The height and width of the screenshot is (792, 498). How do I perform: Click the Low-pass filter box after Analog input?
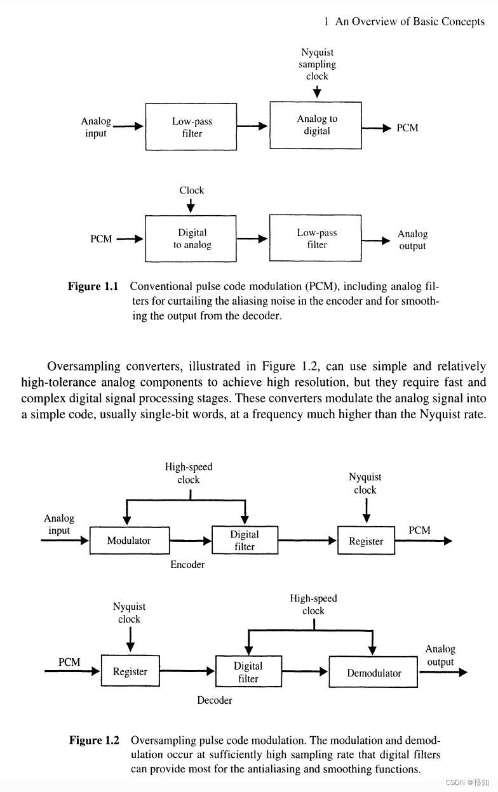pyautogui.click(x=192, y=127)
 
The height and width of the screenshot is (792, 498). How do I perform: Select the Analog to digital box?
pyautogui.click(x=316, y=125)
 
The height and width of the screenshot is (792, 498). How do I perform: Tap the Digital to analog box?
pyautogui.click(x=192, y=239)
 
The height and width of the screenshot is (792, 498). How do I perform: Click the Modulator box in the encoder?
pyautogui.click(x=129, y=541)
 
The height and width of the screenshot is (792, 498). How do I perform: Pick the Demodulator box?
pyautogui.click(x=373, y=673)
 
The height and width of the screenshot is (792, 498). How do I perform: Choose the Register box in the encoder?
pyautogui.click(x=366, y=541)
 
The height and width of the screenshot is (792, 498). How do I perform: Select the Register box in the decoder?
pyautogui.click(x=130, y=671)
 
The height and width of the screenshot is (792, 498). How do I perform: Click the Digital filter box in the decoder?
pyautogui.click(x=248, y=672)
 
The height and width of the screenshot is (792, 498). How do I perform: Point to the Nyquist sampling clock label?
pyautogui.click(x=317, y=64)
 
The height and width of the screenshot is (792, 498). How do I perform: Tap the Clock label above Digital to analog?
pyautogui.click(x=191, y=190)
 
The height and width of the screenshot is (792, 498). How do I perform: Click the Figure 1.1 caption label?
pyautogui.click(x=93, y=286)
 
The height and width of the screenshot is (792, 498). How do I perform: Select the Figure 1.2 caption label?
pyautogui.click(x=94, y=740)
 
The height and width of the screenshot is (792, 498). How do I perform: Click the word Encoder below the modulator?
pyautogui.click(x=187, y=564)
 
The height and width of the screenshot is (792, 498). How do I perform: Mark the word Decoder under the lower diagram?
pyautogui.click(x=214, y=700)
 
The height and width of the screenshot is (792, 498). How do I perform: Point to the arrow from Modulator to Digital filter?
pyautogui.click(x=190, y=541)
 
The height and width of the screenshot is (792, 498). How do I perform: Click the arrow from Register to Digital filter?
pyautogui.click(x=187, y=670)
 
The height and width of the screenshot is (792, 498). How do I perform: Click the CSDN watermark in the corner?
pyautogui.click(x=467, y=782)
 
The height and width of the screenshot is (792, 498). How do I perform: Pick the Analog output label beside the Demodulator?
pyautogui.click(x=440, y=656)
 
